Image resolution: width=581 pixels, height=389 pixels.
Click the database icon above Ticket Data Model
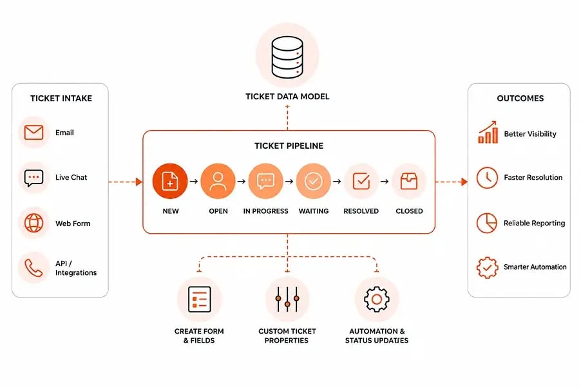click(x=287, y=57)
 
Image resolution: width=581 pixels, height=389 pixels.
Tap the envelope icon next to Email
click(x=33, y=132)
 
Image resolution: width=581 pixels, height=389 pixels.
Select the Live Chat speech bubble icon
click(x=33, y=178)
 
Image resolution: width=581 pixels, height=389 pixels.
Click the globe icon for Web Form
click(x=33, y=223)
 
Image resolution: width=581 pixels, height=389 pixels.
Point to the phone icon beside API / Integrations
click(x=33, y=268)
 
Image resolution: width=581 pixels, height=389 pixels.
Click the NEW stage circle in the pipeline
click(x=170, y=181)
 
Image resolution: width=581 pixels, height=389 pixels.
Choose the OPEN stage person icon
click(x=218, y=181)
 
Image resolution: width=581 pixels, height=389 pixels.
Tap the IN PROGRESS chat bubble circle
click(x=265, y=181)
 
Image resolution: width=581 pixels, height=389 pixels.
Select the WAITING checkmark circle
click(x=314, y=181)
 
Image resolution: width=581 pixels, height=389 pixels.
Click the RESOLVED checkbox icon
click(x=361, y=181)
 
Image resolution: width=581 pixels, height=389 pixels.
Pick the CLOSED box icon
click(x=409, y=181)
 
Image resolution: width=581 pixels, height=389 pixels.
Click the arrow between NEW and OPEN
click(x=194, y=182)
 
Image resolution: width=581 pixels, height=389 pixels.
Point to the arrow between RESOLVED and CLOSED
click(x=385, y=182)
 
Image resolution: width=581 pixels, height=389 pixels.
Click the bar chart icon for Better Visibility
click(x=488, y=132)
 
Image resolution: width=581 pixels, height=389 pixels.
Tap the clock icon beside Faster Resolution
click(x=487, y=178)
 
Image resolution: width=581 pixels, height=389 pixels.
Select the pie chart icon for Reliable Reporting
click(x=487, y=223)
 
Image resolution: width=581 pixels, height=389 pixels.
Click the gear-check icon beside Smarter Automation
click(x=487, y=267)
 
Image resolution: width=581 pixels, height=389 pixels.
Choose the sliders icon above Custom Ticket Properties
click(x=287, y=299)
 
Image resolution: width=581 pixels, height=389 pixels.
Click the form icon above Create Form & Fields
click(x=199, y=299)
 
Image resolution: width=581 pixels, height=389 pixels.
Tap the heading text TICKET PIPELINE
click(x=289, y=146)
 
